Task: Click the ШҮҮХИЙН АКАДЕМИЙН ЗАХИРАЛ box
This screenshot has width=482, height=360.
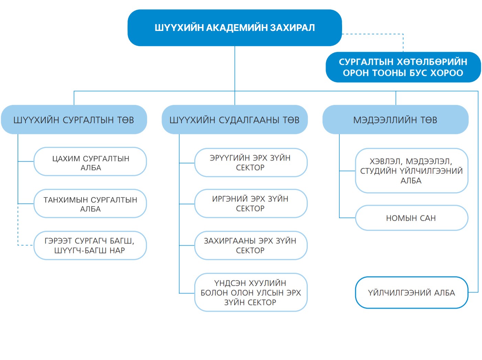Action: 234,28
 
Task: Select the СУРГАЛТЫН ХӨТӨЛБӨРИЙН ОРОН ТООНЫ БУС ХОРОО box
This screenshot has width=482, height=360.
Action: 403,67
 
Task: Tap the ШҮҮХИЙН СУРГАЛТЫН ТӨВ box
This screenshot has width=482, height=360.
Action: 74,120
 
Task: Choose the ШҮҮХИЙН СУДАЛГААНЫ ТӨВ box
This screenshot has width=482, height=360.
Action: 234,120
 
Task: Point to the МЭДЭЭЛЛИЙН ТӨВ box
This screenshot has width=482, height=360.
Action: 395,120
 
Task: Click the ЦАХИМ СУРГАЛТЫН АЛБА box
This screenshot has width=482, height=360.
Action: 90,162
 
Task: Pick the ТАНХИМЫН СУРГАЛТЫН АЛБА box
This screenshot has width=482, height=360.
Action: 90,204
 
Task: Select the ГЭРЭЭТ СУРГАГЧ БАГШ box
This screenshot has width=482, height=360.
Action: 90,246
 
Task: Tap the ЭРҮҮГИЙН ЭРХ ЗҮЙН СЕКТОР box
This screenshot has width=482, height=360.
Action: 251,163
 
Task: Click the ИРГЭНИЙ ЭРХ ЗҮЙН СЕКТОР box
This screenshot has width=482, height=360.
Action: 251,204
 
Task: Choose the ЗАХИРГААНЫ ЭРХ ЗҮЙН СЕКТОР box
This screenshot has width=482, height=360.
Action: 251,246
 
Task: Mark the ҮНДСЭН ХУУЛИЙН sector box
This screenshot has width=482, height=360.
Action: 251,292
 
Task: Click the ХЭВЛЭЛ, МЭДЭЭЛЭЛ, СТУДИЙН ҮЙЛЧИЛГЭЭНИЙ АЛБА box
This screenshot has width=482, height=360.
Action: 412,171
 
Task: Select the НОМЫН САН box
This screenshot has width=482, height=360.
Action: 412,218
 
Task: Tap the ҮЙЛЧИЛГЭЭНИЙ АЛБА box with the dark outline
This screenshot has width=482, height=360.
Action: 412,293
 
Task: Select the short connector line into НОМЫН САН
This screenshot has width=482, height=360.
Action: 347,218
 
